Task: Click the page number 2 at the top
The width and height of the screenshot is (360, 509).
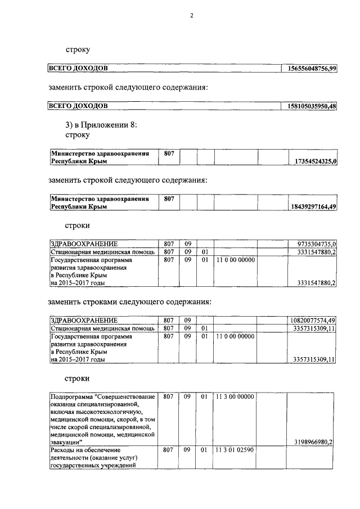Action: [191, 16]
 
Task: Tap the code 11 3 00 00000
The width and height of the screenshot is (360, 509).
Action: [235, 397]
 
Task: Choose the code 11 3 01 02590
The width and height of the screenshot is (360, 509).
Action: [235, 450]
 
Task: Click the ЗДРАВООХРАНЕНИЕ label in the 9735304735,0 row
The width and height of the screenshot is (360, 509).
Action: [84, 244]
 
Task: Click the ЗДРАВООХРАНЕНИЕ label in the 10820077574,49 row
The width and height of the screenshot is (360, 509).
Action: [84, 321]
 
